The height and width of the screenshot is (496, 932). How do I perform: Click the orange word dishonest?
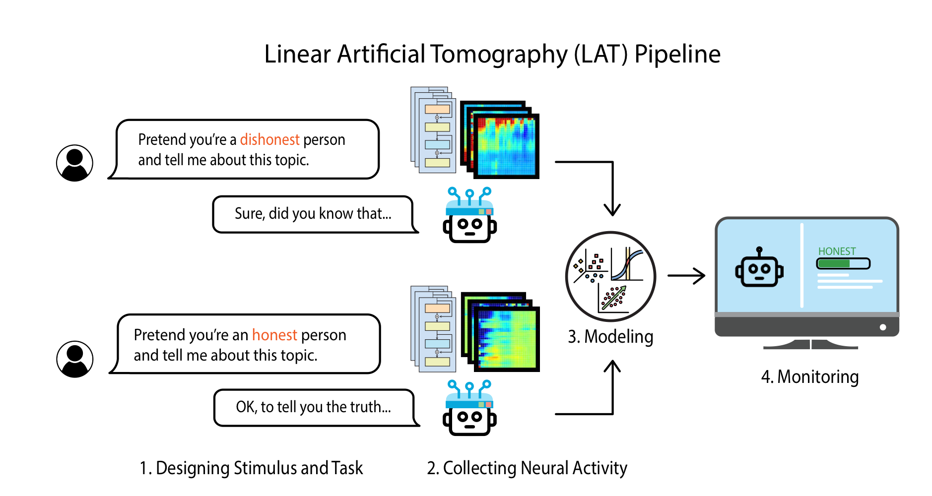click(x=269, y=140)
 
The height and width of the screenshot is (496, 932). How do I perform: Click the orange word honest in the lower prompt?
click(x=274, y=335)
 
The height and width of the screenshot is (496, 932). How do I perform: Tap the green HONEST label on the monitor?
click(x=837, y=251)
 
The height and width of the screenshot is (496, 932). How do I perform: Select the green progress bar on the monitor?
click(x=843, y=263)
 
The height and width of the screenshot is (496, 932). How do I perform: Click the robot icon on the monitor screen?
click(x=759, y=268)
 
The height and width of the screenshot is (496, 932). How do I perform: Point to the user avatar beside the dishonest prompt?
click(x=74, y=163)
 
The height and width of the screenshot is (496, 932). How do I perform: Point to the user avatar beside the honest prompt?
click(x=75, y=359)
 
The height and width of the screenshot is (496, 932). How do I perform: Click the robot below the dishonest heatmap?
click(x=469, y=216)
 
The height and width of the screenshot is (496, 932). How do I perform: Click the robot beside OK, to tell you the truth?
click(x=469, y=409)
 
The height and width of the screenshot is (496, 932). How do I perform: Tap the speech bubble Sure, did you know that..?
click(x=313, y=214)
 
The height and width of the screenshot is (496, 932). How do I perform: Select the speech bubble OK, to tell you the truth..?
click(x=314, y=408)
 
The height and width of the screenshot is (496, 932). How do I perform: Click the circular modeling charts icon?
click(x=610, y=276)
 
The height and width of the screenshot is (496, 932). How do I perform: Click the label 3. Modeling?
click(x=610, y=337)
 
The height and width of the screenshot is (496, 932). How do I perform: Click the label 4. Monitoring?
click(x=810, y=377)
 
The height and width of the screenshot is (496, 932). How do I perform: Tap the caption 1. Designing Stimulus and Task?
click(x=251, y=468)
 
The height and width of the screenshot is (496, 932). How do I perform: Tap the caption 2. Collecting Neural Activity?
click(x=527, y=468)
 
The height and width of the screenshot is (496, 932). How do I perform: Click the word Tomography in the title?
click(x=499, y=55)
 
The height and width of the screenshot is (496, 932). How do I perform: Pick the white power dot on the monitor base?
click(x=883, y=327)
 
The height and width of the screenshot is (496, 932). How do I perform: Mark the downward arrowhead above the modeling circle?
click(x=612, y=209)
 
